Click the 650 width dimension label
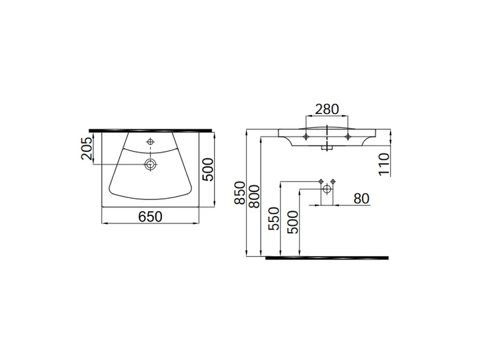pyautogui.click(x=151, y=217)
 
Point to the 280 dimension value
pyautogui.click(x=327, y=109)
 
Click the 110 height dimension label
pyautogui.click(x=384, y=163)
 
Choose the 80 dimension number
pyautogui.click(x=361, y=198)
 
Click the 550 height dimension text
pyautogui.click(x=274, y=217)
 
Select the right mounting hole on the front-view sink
pyautogui.click(x=347, y=137)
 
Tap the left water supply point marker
pyautogui.click(x=321, y=182)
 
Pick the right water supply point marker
pyautogui.click(x=333, y=182)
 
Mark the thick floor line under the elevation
pyautogui.click(x=327, y=257)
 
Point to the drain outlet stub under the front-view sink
pyautogui.click(x=327, y=149)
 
